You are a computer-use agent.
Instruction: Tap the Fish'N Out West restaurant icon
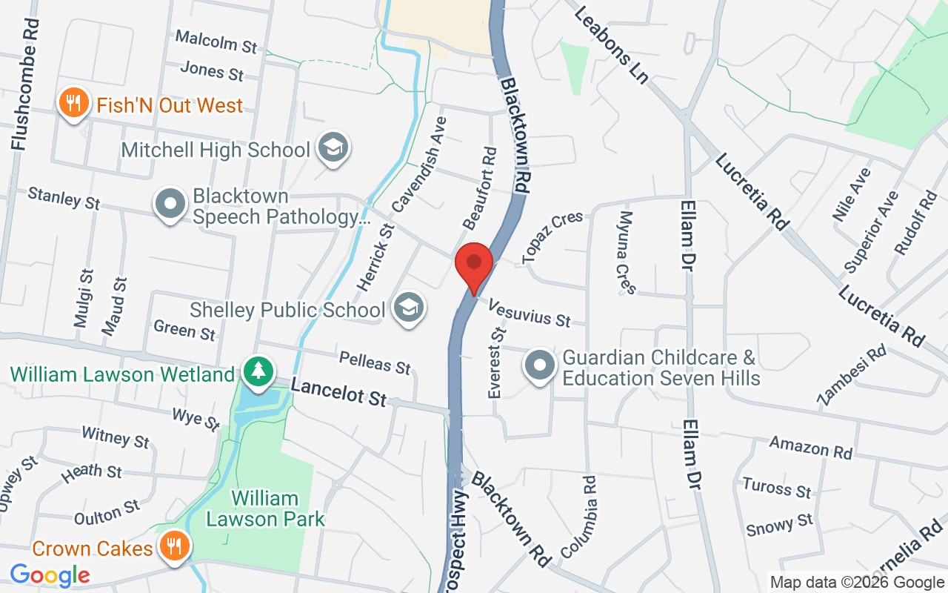click(x=73, y=104)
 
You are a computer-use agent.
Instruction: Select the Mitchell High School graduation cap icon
click(x=333, y=148)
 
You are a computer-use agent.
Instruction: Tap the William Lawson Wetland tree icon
click(x=258, y=372)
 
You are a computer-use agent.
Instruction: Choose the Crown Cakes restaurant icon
click(x=174, y=547)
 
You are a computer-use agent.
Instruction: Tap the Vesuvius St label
click(x=530, y=313)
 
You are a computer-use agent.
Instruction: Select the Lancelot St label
click(x=338, y=391)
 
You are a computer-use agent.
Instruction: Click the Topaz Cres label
click(x=553, y=237)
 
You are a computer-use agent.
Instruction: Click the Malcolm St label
click(x=216, y=42)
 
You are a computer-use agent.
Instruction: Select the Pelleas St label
click(x=375, y=362)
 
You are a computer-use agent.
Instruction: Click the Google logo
click(x=50, y=575)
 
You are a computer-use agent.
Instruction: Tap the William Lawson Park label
click(x=265, y=508)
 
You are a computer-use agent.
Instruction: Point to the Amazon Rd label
click(x=810, y=447)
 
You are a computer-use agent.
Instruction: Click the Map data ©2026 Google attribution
click(x=857, y=582)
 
